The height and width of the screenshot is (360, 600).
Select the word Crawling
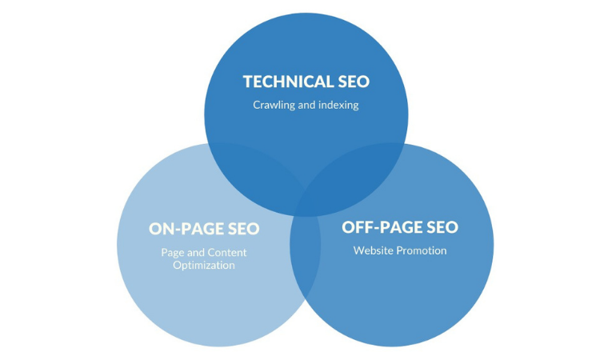click(274, 105)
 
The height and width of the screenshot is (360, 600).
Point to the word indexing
click(339, 105)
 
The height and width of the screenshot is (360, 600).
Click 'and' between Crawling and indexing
click(307, 105)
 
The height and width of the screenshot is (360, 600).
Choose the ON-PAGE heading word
click(190, 229)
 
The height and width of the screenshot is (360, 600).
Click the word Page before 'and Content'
click(172, 252)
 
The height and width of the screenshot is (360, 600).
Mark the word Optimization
click(203, 266)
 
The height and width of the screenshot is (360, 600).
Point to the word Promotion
click(423, 250)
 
